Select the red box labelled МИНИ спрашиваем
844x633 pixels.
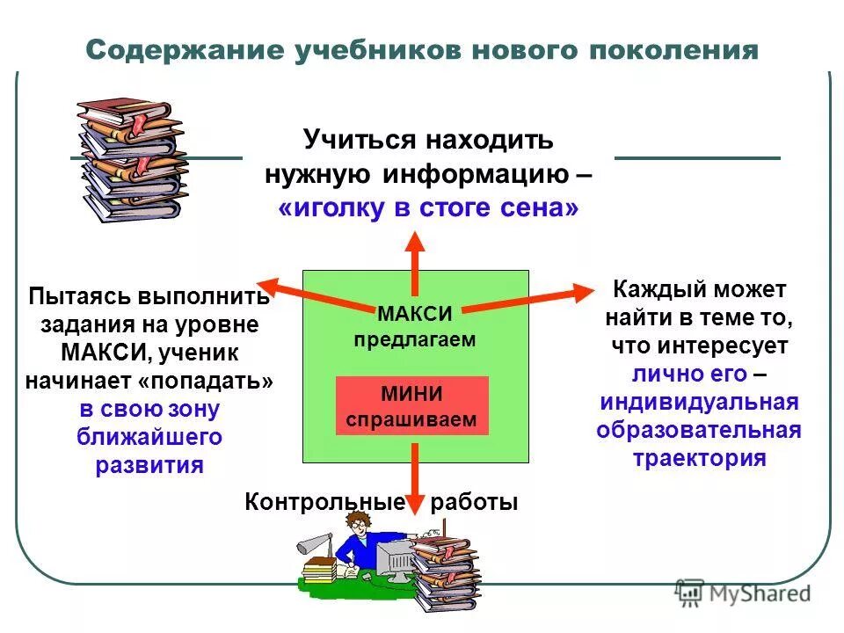point(411,406)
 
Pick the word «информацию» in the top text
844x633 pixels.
point(475,174)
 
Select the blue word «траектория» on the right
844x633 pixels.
point(699,458)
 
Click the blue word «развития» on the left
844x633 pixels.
point(149,464)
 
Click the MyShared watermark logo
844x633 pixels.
point(744,593)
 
